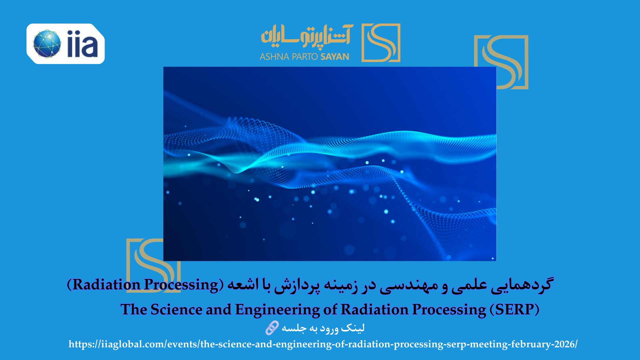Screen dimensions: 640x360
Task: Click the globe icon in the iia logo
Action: point(47,44)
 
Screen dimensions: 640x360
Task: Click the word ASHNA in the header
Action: point(274,57)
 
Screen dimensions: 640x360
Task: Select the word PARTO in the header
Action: point(305,57)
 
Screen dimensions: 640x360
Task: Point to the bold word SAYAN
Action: point(335,57)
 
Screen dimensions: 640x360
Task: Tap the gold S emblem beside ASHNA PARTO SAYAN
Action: point(381,43)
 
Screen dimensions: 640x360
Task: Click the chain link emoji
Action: point(272,328)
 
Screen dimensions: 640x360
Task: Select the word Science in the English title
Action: point(176,309)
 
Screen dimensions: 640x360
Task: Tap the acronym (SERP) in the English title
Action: point(515,310)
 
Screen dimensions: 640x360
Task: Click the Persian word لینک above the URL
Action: point(353,328)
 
